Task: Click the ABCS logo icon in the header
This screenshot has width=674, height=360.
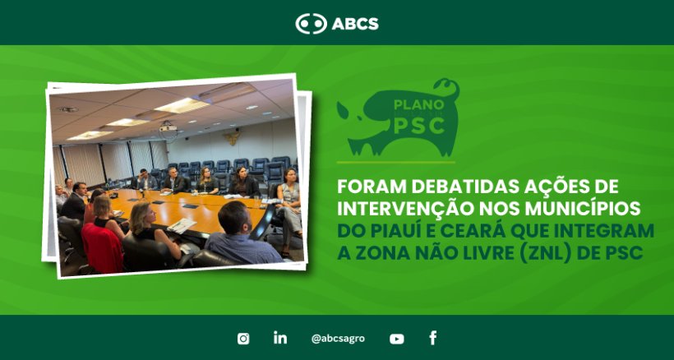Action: [311, 24]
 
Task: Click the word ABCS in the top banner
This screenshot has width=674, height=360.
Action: [355, 24]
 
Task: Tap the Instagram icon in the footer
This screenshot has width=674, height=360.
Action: [243, 339]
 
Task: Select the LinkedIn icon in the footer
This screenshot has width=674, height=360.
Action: [280, 338]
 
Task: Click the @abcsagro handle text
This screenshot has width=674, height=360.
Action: [338, 339]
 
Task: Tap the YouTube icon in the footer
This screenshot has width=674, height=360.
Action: [397, 339]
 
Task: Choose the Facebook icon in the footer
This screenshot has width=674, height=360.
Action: [433, 338]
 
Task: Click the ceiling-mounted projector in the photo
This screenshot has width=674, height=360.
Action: [168, 127]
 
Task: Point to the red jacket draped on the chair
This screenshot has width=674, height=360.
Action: [102, 248]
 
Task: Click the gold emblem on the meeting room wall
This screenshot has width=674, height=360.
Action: [233, 137]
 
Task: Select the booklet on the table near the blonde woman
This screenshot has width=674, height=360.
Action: [182, 224]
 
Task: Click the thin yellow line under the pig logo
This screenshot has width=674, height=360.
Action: [396, 163]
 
